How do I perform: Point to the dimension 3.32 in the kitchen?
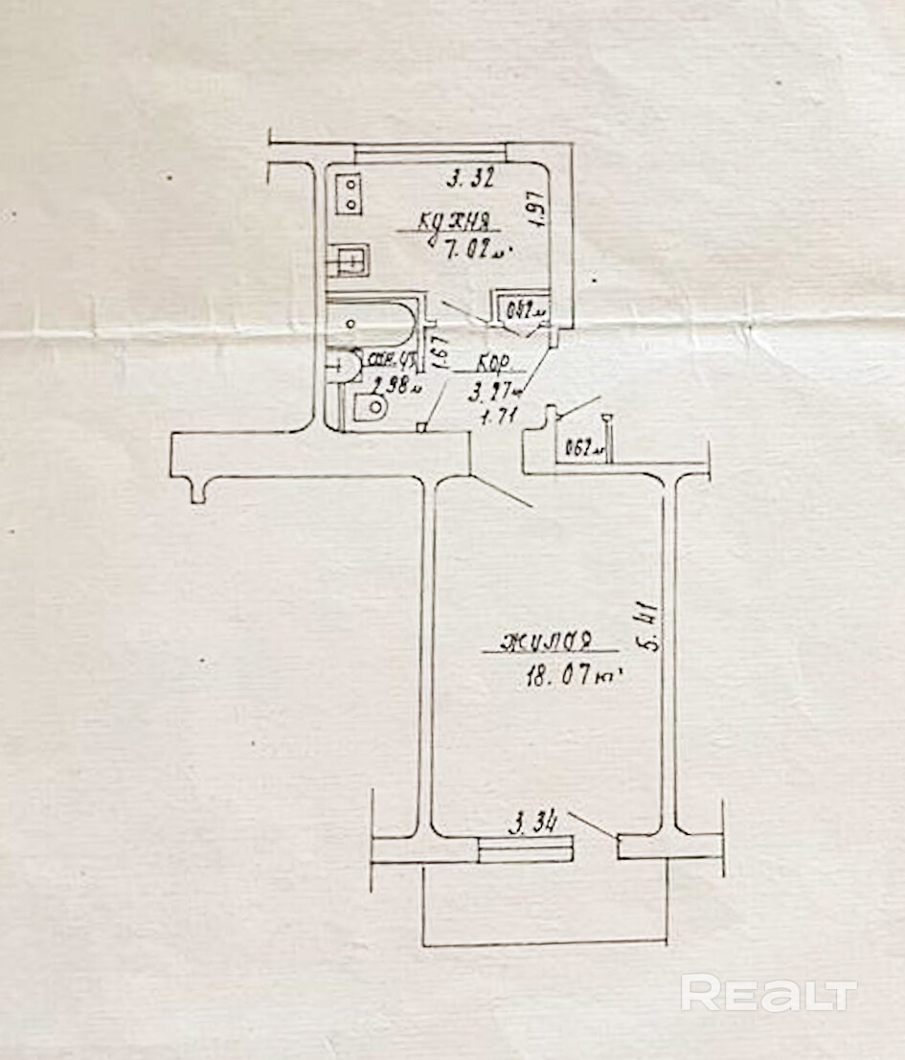(470, 177)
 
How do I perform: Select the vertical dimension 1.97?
(537, 208)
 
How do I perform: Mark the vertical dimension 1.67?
(441, 352)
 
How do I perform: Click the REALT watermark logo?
(768, 993)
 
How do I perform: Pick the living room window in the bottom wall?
(526, 848)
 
